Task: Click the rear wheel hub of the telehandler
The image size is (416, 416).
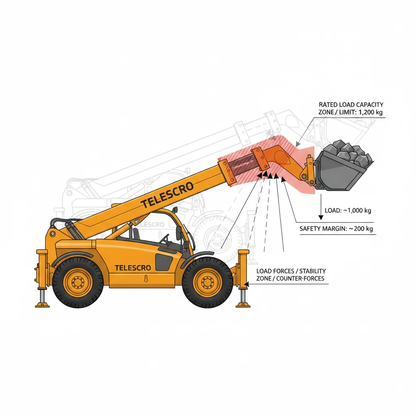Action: point(78,282)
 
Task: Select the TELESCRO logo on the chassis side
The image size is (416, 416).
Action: point(132,268)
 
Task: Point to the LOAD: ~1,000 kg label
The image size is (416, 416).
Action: point(348,210)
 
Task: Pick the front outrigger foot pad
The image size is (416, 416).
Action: point(243,304)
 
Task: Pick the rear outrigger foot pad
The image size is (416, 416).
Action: point(42,304)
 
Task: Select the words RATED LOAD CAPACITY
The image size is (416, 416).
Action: point(351,105)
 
